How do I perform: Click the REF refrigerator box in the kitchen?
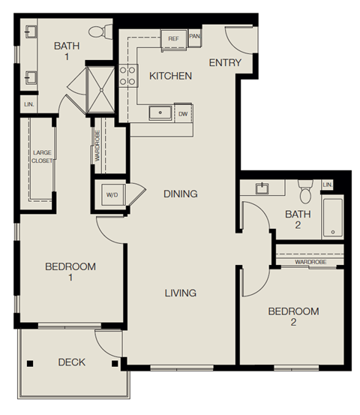tap(173, 38)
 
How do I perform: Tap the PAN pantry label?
tap(194, 36)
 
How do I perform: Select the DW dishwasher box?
tap(183, 114)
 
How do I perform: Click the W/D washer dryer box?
tap(112, 195)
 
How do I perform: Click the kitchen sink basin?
tap(159, 113)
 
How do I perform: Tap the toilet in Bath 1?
tap(97, 32)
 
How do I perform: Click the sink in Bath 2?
tap(263, 188)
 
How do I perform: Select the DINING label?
tap(181, 194)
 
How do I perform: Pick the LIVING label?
tap(181, 293)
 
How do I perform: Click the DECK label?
tap(71, 362)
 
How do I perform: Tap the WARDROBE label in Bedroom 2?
tap(309, 263)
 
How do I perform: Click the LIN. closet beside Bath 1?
tap(29, 104)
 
